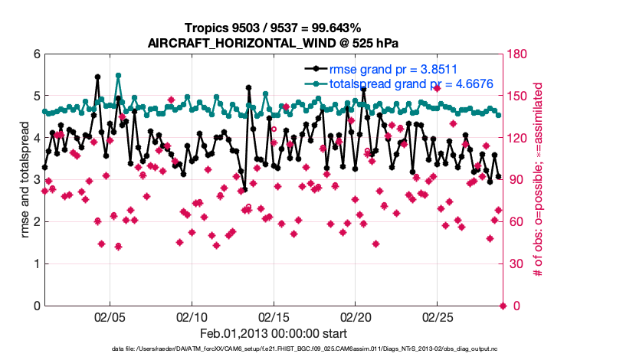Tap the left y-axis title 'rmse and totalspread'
point(25,180)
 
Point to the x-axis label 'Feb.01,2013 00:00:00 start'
point(274,334)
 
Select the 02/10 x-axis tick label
point(192,317)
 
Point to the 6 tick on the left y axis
point(35,54)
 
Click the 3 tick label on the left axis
point(35,180)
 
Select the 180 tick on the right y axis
point(517,54)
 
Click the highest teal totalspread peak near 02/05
point(118,76)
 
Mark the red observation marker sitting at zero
point(503,306)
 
